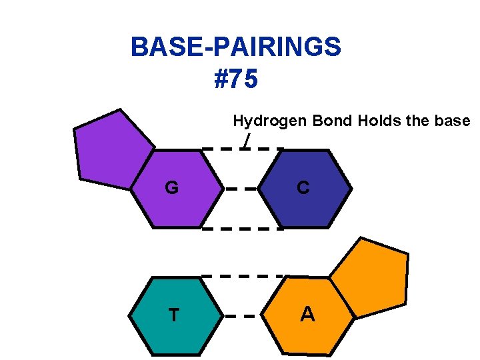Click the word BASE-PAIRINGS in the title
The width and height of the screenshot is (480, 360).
coord(236,47)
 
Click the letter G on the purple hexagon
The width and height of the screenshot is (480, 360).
coord(171,189)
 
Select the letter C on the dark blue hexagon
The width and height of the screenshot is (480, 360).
coord(303,189)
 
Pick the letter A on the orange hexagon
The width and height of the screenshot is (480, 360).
coord(307,314)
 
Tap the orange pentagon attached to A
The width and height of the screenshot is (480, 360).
coord(370,277)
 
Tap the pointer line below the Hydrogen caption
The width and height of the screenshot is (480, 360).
coord(247,140)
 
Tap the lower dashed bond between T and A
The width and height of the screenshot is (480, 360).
coord(241,316)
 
